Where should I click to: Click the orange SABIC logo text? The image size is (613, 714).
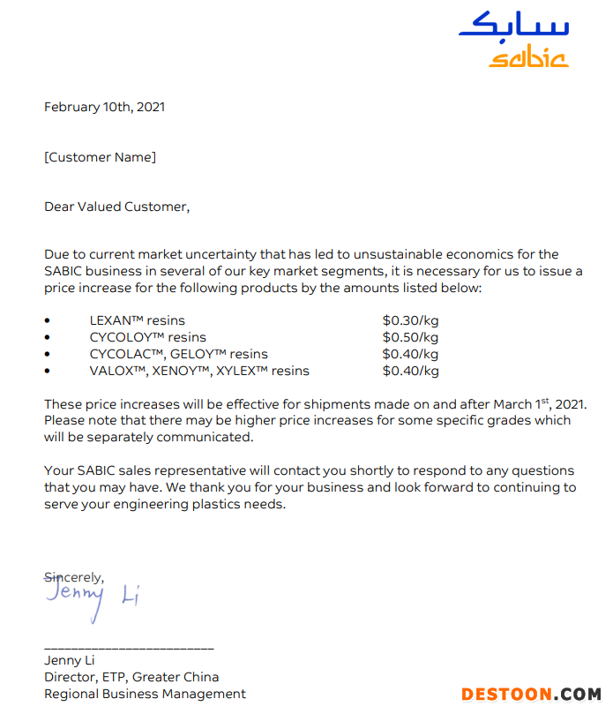(529, 58)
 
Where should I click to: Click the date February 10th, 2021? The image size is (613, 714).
(104, 107)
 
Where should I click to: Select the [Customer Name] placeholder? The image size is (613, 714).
(100, 157)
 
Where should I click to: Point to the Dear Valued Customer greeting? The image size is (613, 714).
(116, 207)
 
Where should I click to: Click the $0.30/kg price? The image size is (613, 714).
(410, 320)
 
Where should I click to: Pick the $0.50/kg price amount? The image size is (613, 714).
(410, 337)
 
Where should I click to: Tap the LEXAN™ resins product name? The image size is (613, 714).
(137, 320)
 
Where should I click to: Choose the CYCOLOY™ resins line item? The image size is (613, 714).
(147, 337)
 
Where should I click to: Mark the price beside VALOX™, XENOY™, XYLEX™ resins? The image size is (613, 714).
(410, 371)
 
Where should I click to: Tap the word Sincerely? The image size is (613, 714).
(74, 577)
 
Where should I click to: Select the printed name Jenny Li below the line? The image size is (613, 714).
(70, 660)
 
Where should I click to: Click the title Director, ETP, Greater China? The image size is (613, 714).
(131, 677)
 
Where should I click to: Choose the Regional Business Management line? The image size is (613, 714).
(145, 694)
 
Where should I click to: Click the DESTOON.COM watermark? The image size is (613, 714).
(530, 695)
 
